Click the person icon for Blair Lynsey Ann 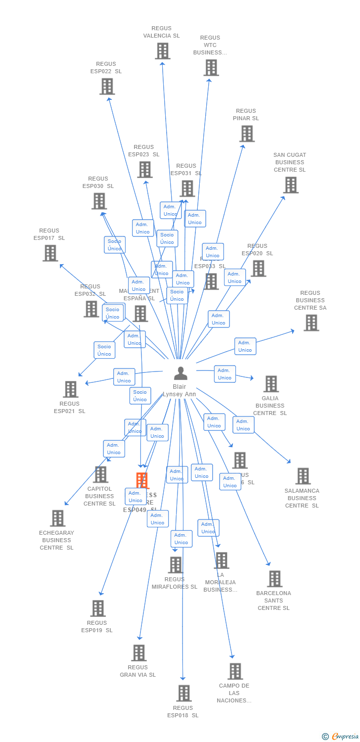click(180, 373)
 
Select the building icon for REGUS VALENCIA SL click(162, 51)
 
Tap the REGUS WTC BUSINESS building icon click(211, 68)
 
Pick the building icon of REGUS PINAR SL click(247, 134)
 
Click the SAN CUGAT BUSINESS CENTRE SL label click(290, 162)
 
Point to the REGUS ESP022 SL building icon click(107, 87)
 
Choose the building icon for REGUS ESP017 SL click(50, 253)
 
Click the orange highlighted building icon click(142, 480)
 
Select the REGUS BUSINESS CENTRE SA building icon click(311, 323)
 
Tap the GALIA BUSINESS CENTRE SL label click(270, 406)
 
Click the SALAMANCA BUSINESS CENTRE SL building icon click(303, 476)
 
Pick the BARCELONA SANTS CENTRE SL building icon click(274, 579)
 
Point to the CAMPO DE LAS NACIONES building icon click(235, 671)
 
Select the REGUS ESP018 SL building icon click(183, 694)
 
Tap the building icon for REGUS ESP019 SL click(98, 608)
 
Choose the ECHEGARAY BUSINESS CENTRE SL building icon click(58, 518)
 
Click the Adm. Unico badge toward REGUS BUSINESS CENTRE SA click(245, 346)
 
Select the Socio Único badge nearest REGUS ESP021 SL click(104, 350)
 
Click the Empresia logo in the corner click(341, 737)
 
